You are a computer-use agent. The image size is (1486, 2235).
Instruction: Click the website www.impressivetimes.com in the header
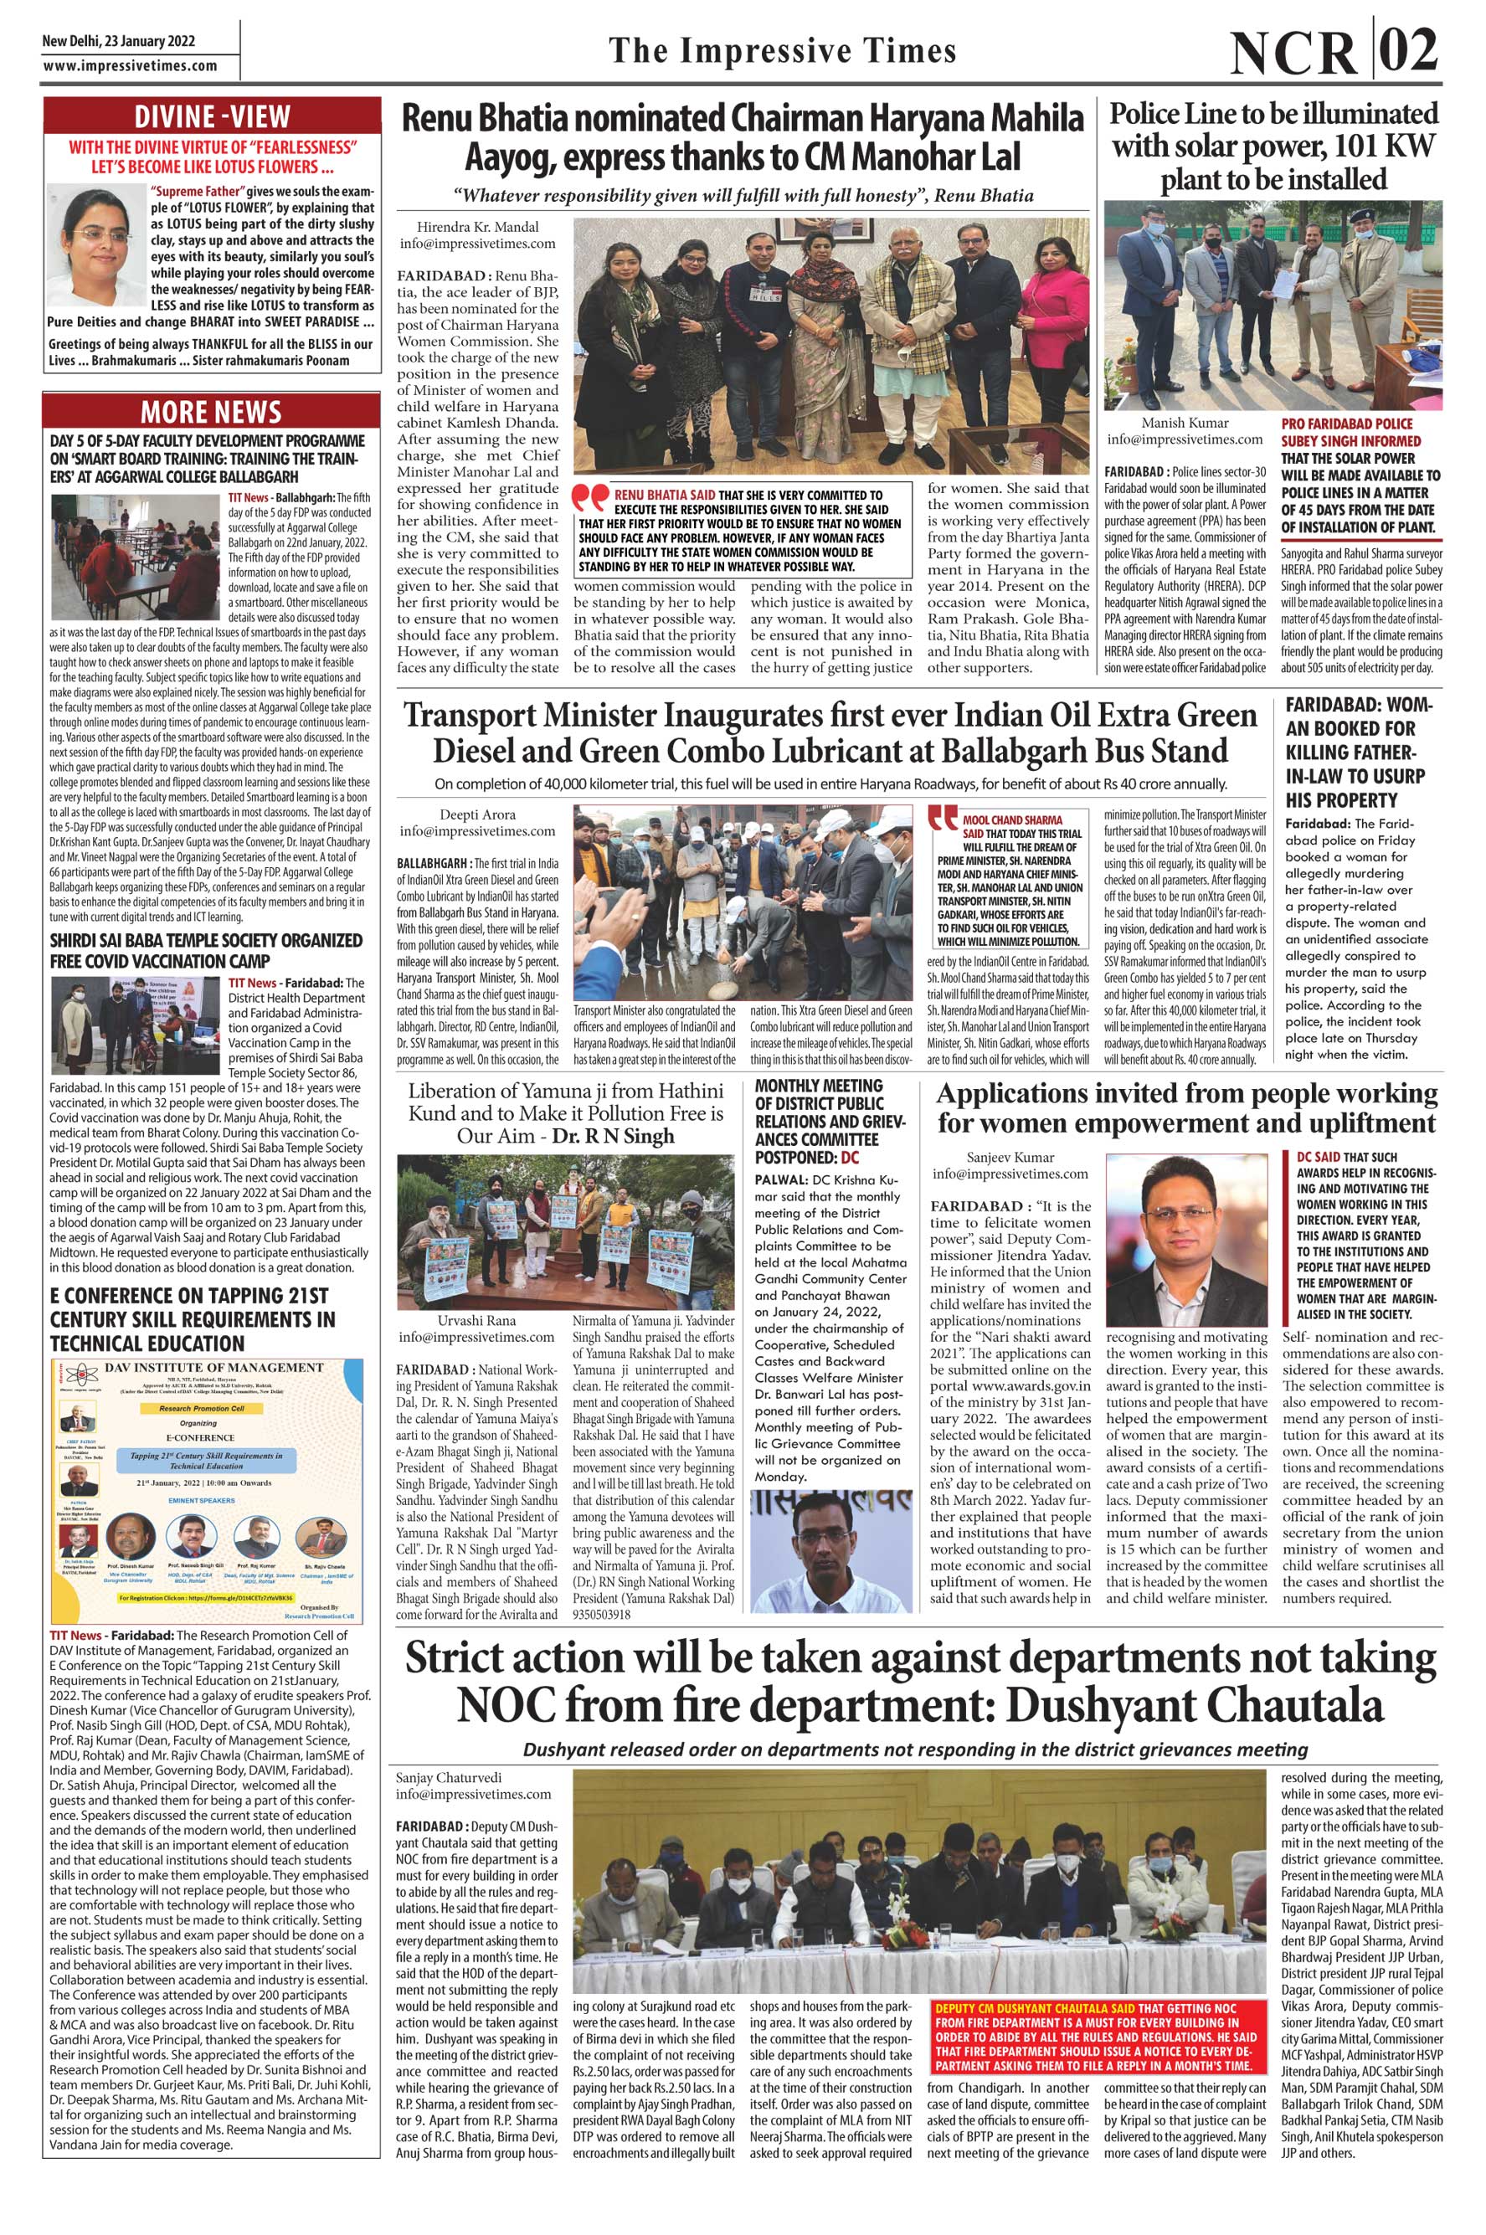[130, 66]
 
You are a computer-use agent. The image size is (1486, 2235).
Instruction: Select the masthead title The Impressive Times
[782, 50]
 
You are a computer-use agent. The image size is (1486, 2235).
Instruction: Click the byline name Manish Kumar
[1184, 423]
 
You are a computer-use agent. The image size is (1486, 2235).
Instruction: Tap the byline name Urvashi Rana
[476, 1321]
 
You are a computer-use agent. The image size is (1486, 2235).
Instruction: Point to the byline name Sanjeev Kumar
[1010, 1157]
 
